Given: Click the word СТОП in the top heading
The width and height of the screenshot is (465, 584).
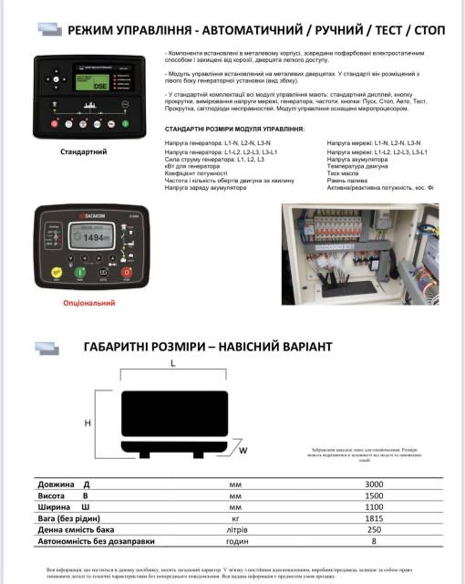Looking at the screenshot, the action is (427, 29).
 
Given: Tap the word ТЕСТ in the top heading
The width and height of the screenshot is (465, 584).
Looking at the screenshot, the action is (376, 29).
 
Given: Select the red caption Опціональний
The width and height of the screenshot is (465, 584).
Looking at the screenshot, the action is (88, 301).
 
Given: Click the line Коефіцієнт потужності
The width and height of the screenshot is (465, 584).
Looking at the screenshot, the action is (196, 173).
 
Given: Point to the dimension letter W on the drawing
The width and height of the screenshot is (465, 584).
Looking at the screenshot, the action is (243, 450).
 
